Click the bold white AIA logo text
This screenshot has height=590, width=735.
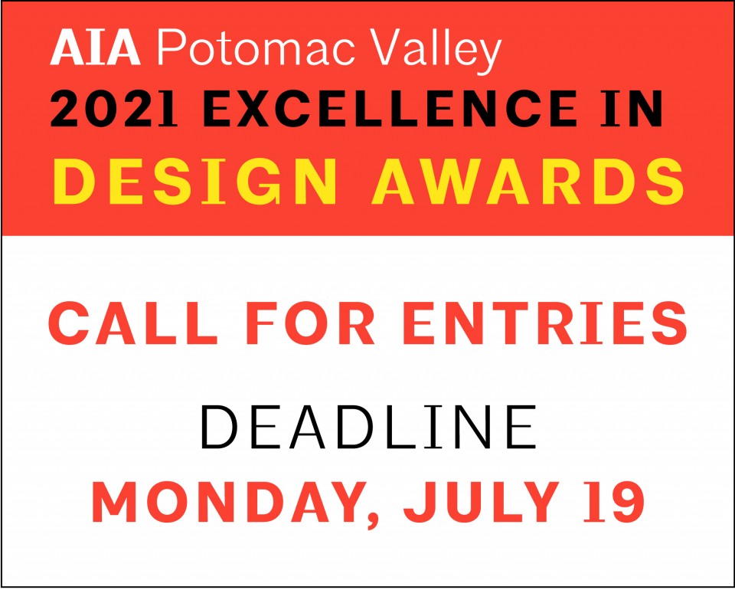coord(95,48)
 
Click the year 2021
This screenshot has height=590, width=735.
coord(114,109)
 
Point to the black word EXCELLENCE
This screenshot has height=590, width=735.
coord(390,109)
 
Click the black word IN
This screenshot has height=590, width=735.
coord(632,109)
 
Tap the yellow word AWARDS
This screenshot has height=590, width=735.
coord(528,181)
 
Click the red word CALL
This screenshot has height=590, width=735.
coord(133,323)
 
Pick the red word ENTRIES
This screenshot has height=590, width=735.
coord(544,323)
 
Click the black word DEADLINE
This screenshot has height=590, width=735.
coord(368,428)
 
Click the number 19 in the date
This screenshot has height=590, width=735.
coord(613,502)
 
